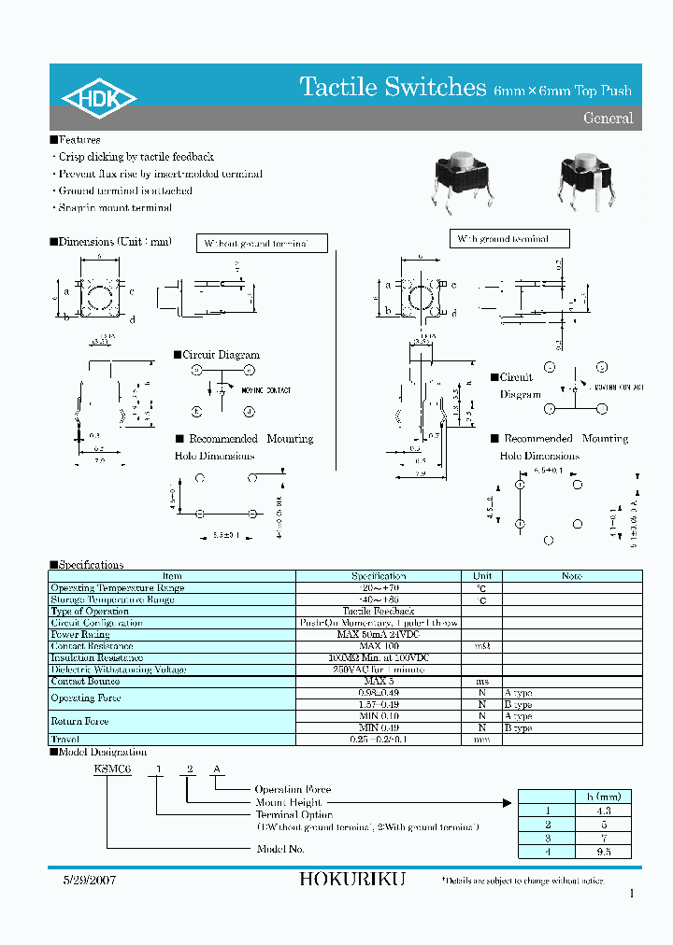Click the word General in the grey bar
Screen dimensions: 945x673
(608, 119)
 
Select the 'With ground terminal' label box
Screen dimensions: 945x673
(510, 239)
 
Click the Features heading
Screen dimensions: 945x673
(79, 140)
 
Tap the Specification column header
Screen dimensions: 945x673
(379, 576)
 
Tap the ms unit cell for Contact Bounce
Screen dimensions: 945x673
(481, 682)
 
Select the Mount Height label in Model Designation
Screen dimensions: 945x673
(289, 802)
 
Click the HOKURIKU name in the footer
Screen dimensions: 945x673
(351, 880)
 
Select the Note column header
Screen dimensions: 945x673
(572, 576)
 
